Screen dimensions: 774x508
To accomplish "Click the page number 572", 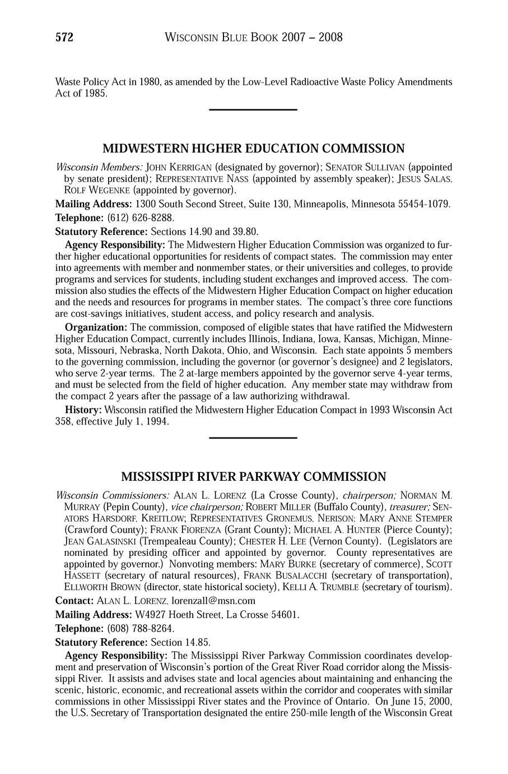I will [64, 38].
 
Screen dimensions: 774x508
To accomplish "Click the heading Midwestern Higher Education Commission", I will [254, 149].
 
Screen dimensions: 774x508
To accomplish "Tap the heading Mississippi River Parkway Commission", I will [254, 477].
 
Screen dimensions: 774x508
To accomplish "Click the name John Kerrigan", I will [178, 167].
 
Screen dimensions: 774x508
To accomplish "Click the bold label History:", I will [83, 410].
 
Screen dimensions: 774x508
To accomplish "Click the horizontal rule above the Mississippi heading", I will [253, 437].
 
